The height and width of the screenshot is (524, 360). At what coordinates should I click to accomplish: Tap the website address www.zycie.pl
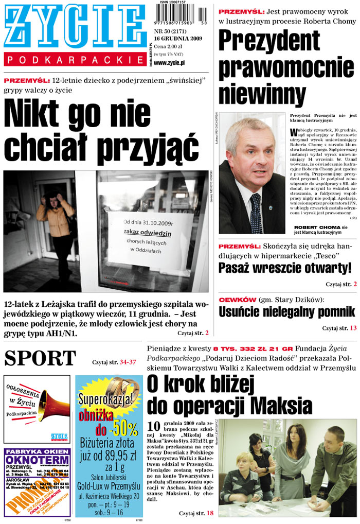click(169, 63)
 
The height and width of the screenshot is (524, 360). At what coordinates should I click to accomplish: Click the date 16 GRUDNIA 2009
click(178, 39)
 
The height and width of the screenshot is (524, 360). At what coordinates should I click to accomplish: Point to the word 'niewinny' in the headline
click(262, 95)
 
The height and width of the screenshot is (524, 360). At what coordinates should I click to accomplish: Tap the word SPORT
click(40, 358)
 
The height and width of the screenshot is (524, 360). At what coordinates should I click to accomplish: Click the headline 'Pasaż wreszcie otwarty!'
click(285, 268)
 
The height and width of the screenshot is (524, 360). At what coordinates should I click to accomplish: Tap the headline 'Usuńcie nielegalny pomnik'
click(287, 312)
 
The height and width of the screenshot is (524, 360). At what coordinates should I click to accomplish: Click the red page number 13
click(353, 328)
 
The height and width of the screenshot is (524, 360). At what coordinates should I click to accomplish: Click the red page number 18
click(210, 513)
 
